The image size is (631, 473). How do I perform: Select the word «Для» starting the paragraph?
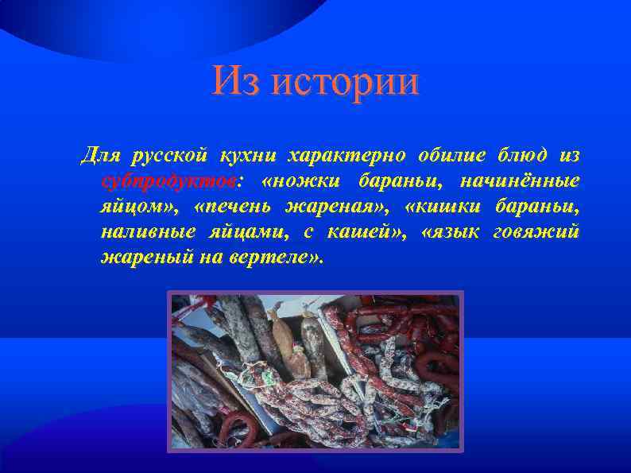pos(99,153)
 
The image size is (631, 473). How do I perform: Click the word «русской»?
pos(170,153)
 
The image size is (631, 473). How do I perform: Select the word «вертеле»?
pos(279,258)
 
